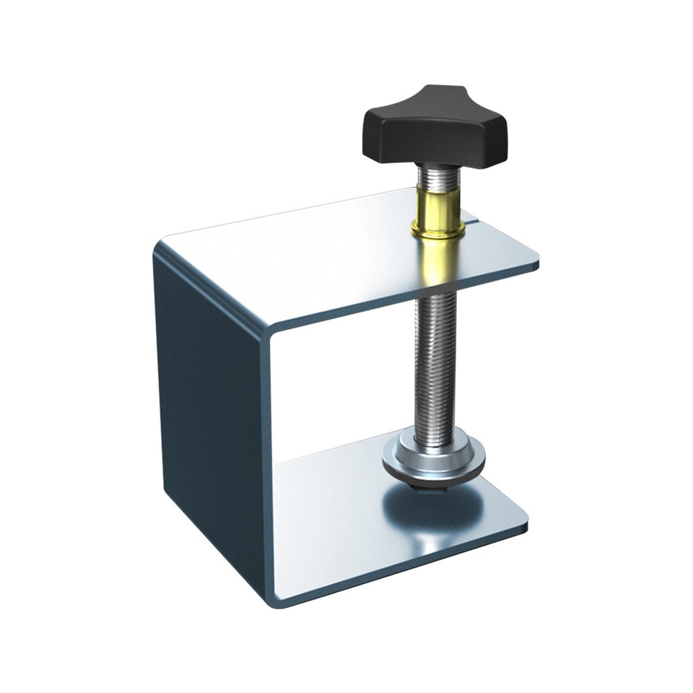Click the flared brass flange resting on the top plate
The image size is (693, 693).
click(x=437, y=231)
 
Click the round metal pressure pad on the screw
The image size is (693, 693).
click(x=433, y=462)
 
